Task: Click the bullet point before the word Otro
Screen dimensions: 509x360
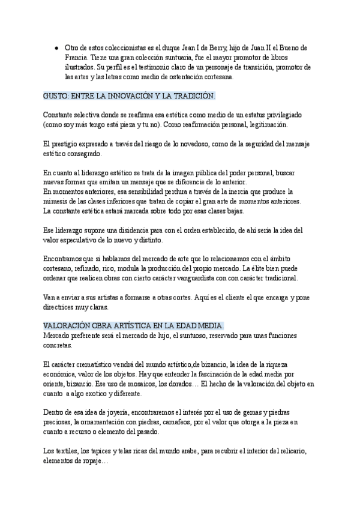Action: [x=56, y=47]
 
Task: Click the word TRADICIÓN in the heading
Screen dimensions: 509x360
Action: [x=191, y=96]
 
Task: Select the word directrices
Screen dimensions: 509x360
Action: [x=61, y=307]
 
